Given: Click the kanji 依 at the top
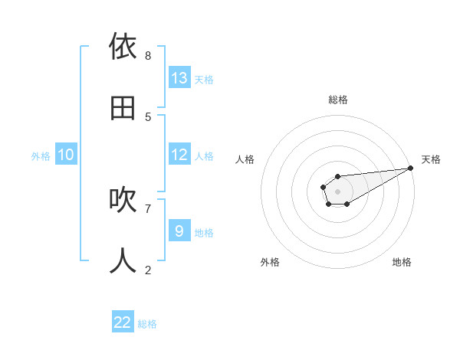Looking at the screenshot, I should click(x=123, y=47).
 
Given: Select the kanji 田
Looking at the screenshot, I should click(x=123, y=108).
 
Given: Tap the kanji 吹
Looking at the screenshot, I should click(x=123, y=200).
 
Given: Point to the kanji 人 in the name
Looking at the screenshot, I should click(x=123, y=261).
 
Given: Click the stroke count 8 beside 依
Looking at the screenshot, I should click(x=148, y=55).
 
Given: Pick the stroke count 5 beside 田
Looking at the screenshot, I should click(x=148, y=116).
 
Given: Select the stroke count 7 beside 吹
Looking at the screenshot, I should click(x=148, y=208).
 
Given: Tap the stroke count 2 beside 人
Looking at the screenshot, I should click(x=148, y=270).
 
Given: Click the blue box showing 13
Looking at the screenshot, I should click(x=179, y=77).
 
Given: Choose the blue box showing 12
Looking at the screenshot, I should click(x=179, y=155).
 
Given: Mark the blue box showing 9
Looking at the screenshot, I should click(x=179, y=231).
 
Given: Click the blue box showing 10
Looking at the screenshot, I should click(x=66, y=155).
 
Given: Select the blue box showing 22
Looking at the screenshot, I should click(x=123, y=322).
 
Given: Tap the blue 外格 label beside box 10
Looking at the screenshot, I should click(x=41, y=156).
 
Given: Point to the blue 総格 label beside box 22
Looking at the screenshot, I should click(x=147, y=324).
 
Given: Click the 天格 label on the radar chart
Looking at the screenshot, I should click(x=431, y=159).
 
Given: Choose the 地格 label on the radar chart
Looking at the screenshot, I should click(x=402, y=262).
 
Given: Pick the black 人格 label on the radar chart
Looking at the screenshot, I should click(x=245, y=159).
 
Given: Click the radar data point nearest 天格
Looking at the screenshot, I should click(x=410, y=168).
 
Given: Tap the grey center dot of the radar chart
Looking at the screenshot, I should click(x=337, y=190).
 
